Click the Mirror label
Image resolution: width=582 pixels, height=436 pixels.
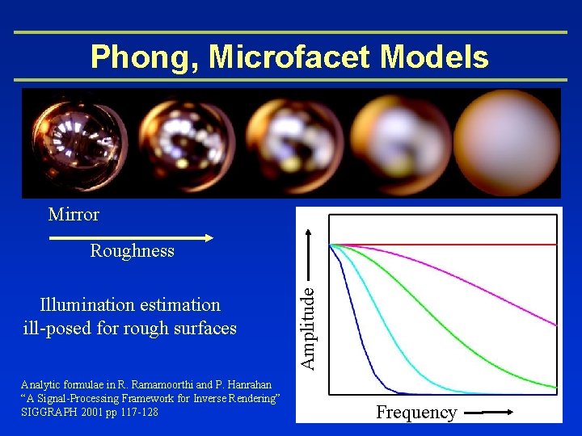coord(74,214)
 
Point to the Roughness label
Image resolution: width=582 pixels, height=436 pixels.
coord(132,250)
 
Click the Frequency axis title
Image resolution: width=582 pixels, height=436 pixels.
coord(416,413)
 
